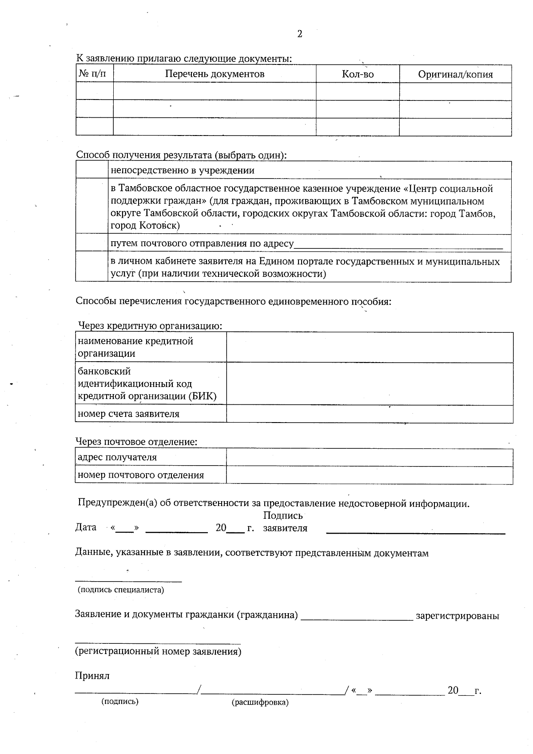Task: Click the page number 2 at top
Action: point(300,34)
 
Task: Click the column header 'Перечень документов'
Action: point(215,74)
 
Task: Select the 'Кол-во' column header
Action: point(358,74)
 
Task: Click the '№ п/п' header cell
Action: point(94,74)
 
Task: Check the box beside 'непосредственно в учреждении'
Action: point(92,170)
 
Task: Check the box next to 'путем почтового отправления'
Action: point(92,243)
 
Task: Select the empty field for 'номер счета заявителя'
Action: point(369,414)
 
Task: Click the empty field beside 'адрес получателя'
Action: point(369,458)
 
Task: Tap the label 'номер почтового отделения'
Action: point(141,475)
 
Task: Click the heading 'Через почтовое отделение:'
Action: point(136,442)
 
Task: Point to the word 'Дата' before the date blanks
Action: point(86,527)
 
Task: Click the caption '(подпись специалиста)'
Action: point(121,590)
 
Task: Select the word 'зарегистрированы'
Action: point(457,616)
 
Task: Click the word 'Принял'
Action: point(92,676)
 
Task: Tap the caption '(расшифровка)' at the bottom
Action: point(260,702)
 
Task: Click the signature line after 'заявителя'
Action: point(415,531)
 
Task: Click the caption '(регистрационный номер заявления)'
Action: point(158,652)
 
